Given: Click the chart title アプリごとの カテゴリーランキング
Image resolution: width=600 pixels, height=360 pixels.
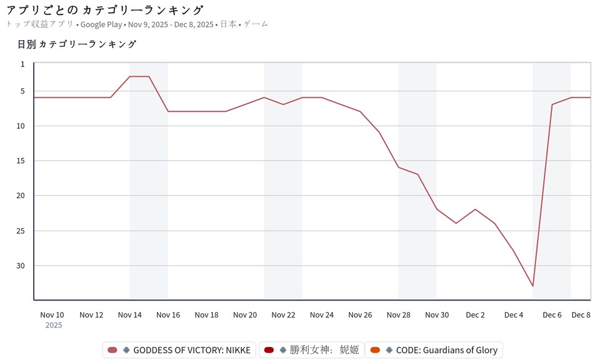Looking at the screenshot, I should coord(105,10).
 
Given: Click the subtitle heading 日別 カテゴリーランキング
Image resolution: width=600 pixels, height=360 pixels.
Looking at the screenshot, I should coord(77,44).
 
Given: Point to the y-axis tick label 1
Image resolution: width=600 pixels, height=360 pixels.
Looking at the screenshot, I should coord(22,64).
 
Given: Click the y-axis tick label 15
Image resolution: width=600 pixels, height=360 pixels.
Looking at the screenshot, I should coord(21,161).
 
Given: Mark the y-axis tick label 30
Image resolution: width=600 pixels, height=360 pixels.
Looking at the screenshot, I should coord(21,266).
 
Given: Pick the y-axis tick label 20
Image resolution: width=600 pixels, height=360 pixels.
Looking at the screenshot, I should coord(21,196).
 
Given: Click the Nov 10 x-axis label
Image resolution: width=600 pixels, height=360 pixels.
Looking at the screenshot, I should coord(52,315).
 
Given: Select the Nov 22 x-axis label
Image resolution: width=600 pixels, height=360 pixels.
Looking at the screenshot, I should coord(283,315).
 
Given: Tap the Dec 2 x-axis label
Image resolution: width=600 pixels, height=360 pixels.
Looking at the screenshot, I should coord(475,315).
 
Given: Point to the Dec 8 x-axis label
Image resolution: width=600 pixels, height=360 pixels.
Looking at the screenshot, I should coord(581,315).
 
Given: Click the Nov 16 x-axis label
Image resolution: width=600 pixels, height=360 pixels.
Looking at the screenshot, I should coord(168,315).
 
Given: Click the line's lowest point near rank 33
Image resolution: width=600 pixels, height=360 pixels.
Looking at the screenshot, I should coord(532,286).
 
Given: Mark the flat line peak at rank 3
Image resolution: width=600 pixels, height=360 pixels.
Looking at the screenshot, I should coord(139,76).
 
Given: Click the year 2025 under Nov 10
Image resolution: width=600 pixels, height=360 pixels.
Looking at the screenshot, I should coord(54,325).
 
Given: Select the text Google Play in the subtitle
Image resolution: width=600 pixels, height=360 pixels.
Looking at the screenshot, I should coord(102,24).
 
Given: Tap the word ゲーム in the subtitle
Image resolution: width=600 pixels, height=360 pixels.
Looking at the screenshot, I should coord(256,24).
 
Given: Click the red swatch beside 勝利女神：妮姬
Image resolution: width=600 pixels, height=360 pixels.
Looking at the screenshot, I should coord(269,350).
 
